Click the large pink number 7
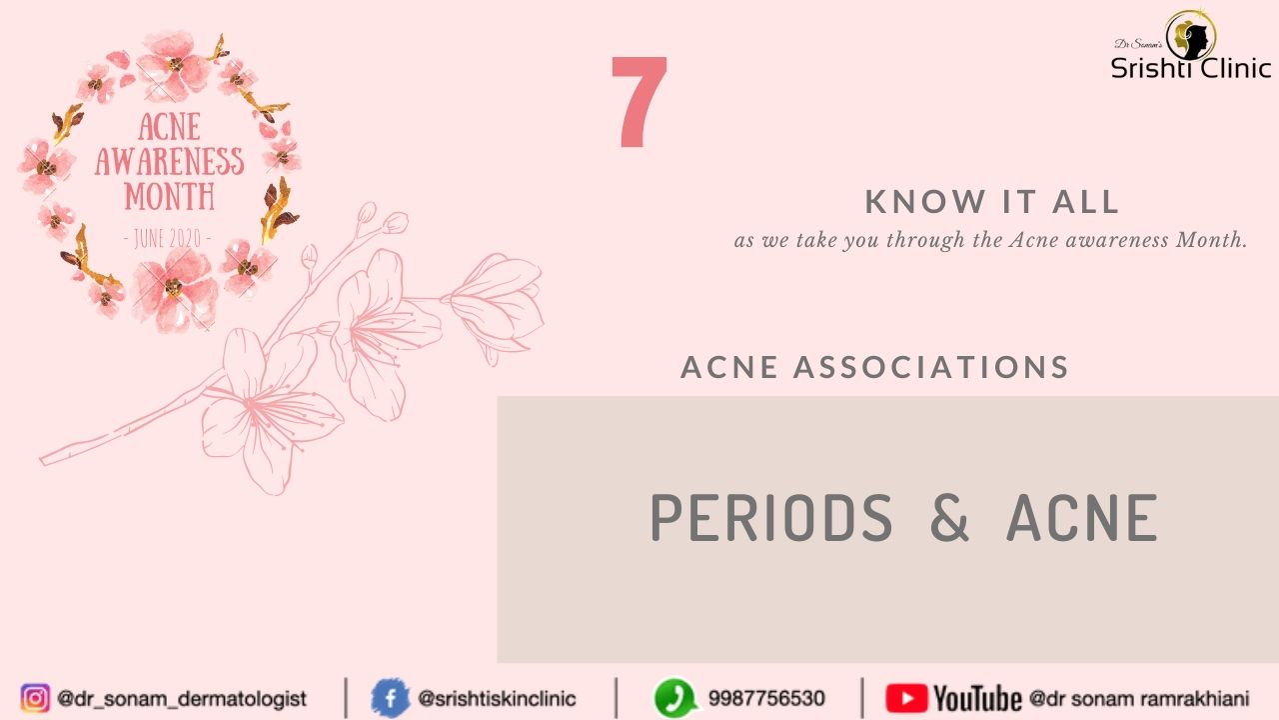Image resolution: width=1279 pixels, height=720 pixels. (639, 102)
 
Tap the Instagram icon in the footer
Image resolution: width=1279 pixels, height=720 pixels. (35, 698)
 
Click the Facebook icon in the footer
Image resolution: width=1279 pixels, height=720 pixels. (391, 698)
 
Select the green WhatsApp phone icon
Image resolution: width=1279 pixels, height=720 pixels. (675, 698)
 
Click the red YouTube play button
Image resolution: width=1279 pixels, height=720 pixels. (906, 698)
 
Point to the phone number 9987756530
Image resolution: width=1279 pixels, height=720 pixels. (766, 698)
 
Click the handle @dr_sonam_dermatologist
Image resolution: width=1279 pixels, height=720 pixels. (182, 699)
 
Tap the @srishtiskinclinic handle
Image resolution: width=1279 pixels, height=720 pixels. (497, 698)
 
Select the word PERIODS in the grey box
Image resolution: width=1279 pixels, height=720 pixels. (771, 518)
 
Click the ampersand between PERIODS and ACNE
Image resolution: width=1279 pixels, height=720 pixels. (949, 518)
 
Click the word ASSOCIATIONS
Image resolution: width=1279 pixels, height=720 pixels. (931, 367)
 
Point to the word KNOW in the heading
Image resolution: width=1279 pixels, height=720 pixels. (925, 202)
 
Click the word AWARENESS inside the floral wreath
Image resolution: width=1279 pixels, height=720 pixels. (170, 161)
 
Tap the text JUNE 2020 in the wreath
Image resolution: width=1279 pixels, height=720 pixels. (167, 238)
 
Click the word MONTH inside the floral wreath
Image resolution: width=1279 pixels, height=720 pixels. (170, 196)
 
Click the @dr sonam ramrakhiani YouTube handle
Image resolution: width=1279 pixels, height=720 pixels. (1139, 698)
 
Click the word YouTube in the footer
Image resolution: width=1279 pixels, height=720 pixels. (977, 698)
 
